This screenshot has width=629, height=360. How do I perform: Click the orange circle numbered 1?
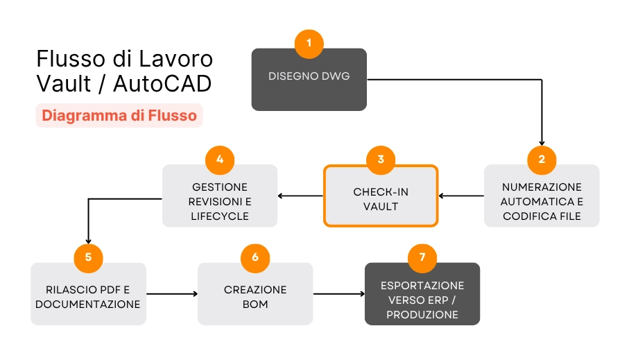pos(309,44)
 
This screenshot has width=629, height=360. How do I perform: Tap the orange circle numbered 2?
pos(541,159)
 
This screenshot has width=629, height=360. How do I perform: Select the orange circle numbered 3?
pos(380,159)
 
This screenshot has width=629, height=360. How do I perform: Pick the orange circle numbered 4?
pos(220,159)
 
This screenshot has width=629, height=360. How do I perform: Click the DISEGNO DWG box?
pos(309,83)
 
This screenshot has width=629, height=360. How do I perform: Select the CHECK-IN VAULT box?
pos(380,200)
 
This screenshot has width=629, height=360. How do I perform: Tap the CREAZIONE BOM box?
pos(255,297)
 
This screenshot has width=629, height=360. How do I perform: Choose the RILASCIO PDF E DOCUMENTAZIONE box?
pos(88,297)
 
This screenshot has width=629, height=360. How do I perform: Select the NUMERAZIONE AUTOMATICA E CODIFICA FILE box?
pos(541,202)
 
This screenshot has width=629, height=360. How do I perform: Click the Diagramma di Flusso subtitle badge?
pos(119,115)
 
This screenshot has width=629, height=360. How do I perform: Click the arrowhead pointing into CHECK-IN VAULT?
pos(442,196)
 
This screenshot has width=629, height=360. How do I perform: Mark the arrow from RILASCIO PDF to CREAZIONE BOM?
pos(172,294)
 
